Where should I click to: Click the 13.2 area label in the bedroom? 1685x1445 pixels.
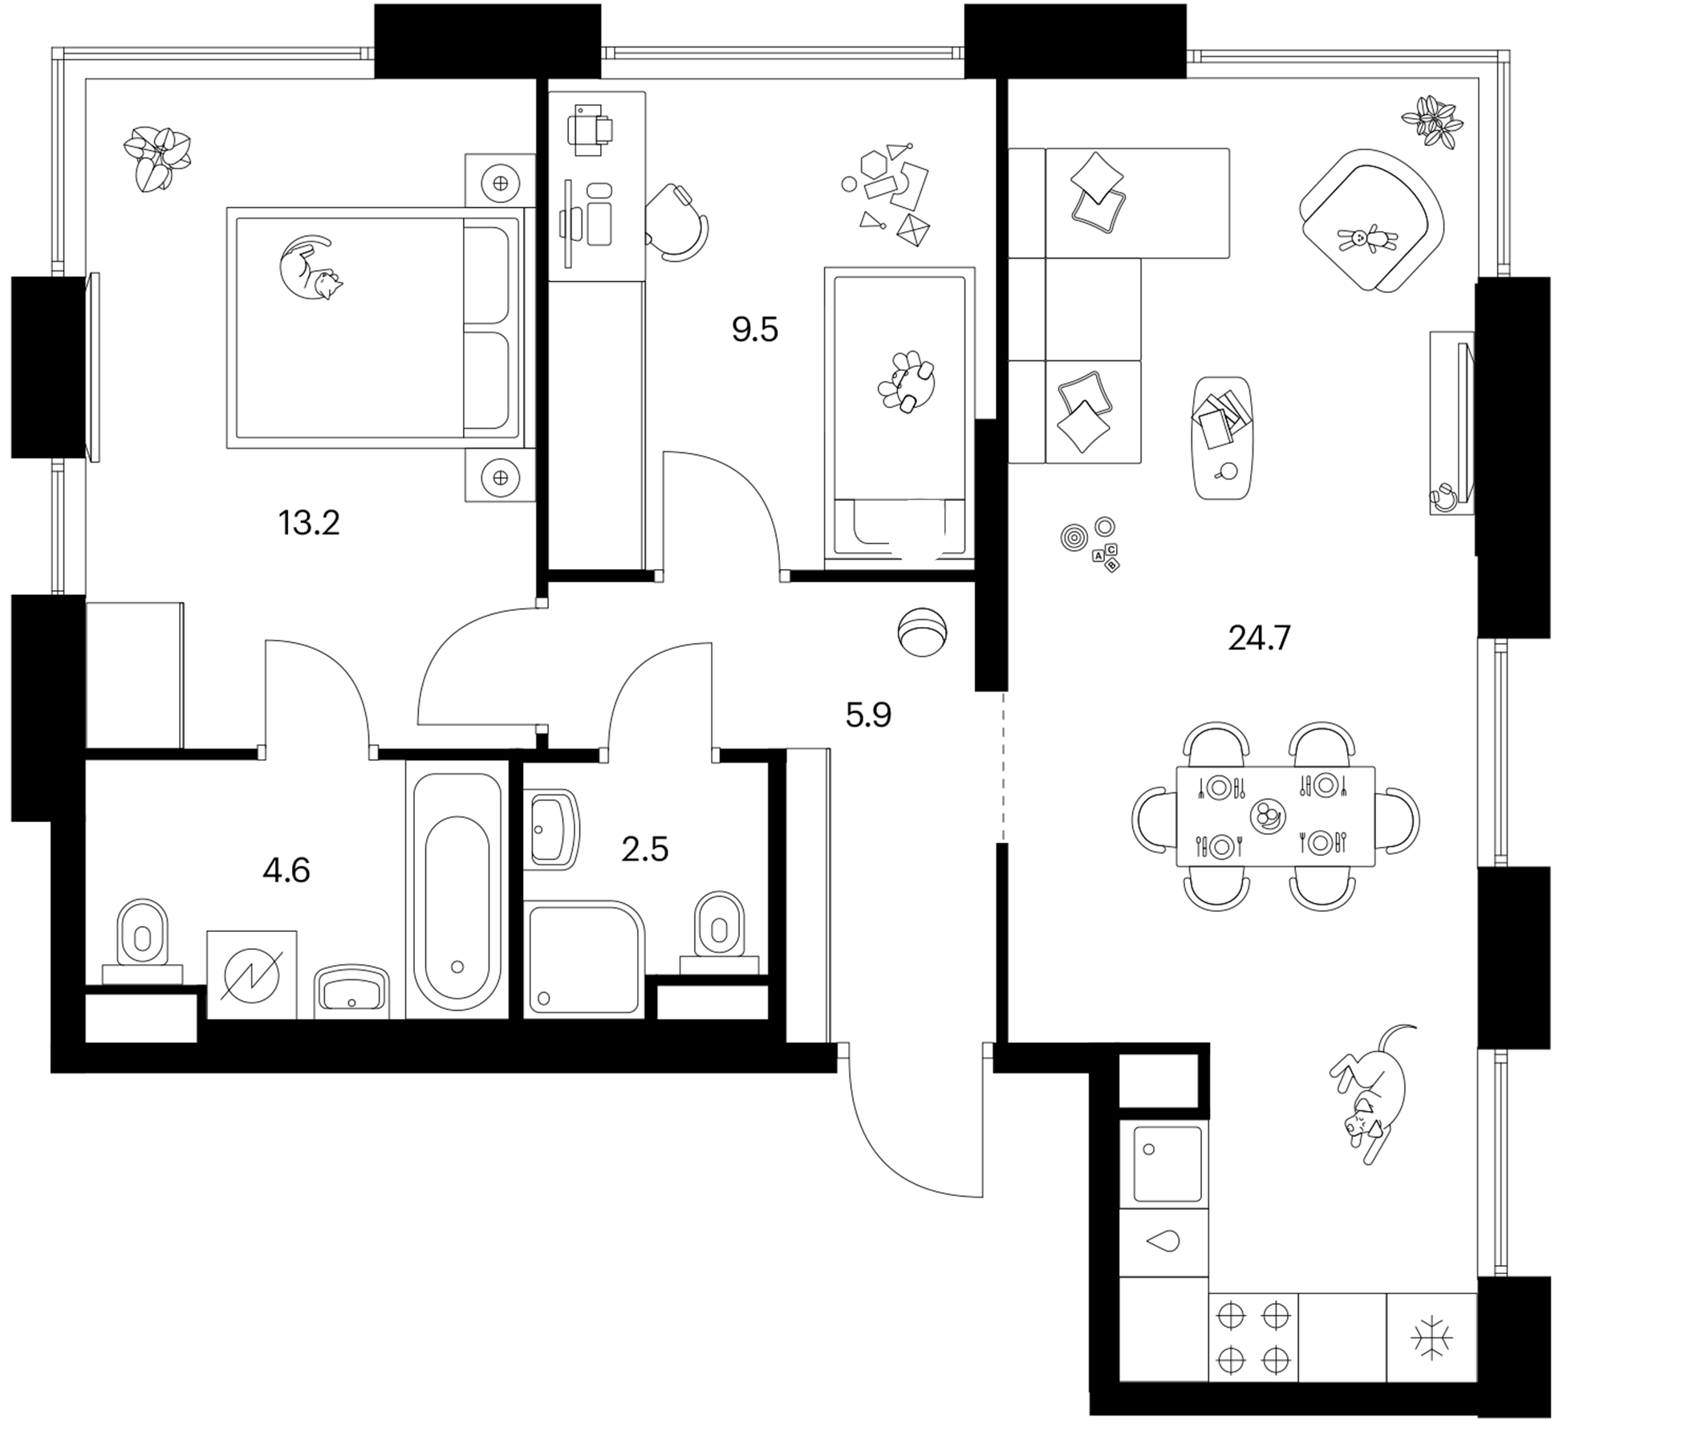(309, 523)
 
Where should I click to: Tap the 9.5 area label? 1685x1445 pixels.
(755, 330)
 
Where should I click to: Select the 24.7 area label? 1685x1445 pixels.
(1259, 639)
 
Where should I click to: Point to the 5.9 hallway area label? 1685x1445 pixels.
(868, 715)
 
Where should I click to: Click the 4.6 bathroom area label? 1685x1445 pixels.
(286, 870)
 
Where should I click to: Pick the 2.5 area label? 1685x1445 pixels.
(645, 849)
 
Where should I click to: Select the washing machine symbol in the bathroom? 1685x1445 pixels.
(252, 975)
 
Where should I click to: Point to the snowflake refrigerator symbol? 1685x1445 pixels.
(1431, 1338)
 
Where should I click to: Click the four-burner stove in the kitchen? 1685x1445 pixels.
(1253, 1338)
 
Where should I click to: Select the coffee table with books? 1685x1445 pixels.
(1222, 438)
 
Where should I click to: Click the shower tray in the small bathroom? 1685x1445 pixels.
(585, 959)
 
